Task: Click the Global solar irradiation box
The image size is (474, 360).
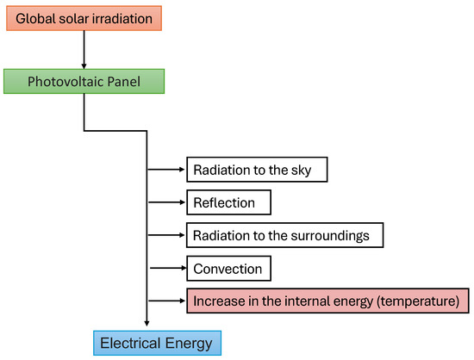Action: point(84,18)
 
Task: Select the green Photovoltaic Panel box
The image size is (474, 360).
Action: point(84,81)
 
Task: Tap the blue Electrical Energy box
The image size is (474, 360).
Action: point(157,343)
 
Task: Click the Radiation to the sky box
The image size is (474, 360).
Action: point(257,170)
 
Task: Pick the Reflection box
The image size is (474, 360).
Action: point(229,202)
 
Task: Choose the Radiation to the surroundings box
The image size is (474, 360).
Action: point(284,235)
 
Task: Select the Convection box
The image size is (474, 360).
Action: point(229,268)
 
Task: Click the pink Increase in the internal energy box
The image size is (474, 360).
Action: point(327,301)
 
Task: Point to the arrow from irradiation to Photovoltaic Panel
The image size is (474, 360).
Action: point(84,50)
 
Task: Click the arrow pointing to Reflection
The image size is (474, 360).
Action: point(166,202)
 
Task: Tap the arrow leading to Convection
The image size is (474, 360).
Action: point(168,268)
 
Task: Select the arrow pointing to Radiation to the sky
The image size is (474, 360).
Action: point(166,170)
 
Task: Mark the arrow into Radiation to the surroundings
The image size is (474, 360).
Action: point(166,235)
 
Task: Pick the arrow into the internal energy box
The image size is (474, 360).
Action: point(166,301)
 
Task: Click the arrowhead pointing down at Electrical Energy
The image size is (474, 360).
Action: point(147,324)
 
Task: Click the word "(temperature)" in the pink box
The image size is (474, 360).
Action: point(418,301)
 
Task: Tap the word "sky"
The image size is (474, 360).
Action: point(301,171)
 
